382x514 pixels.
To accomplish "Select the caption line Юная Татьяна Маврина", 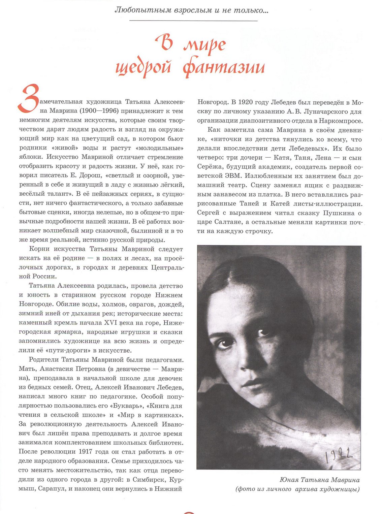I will pyautogui.click(x=319, y=480).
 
